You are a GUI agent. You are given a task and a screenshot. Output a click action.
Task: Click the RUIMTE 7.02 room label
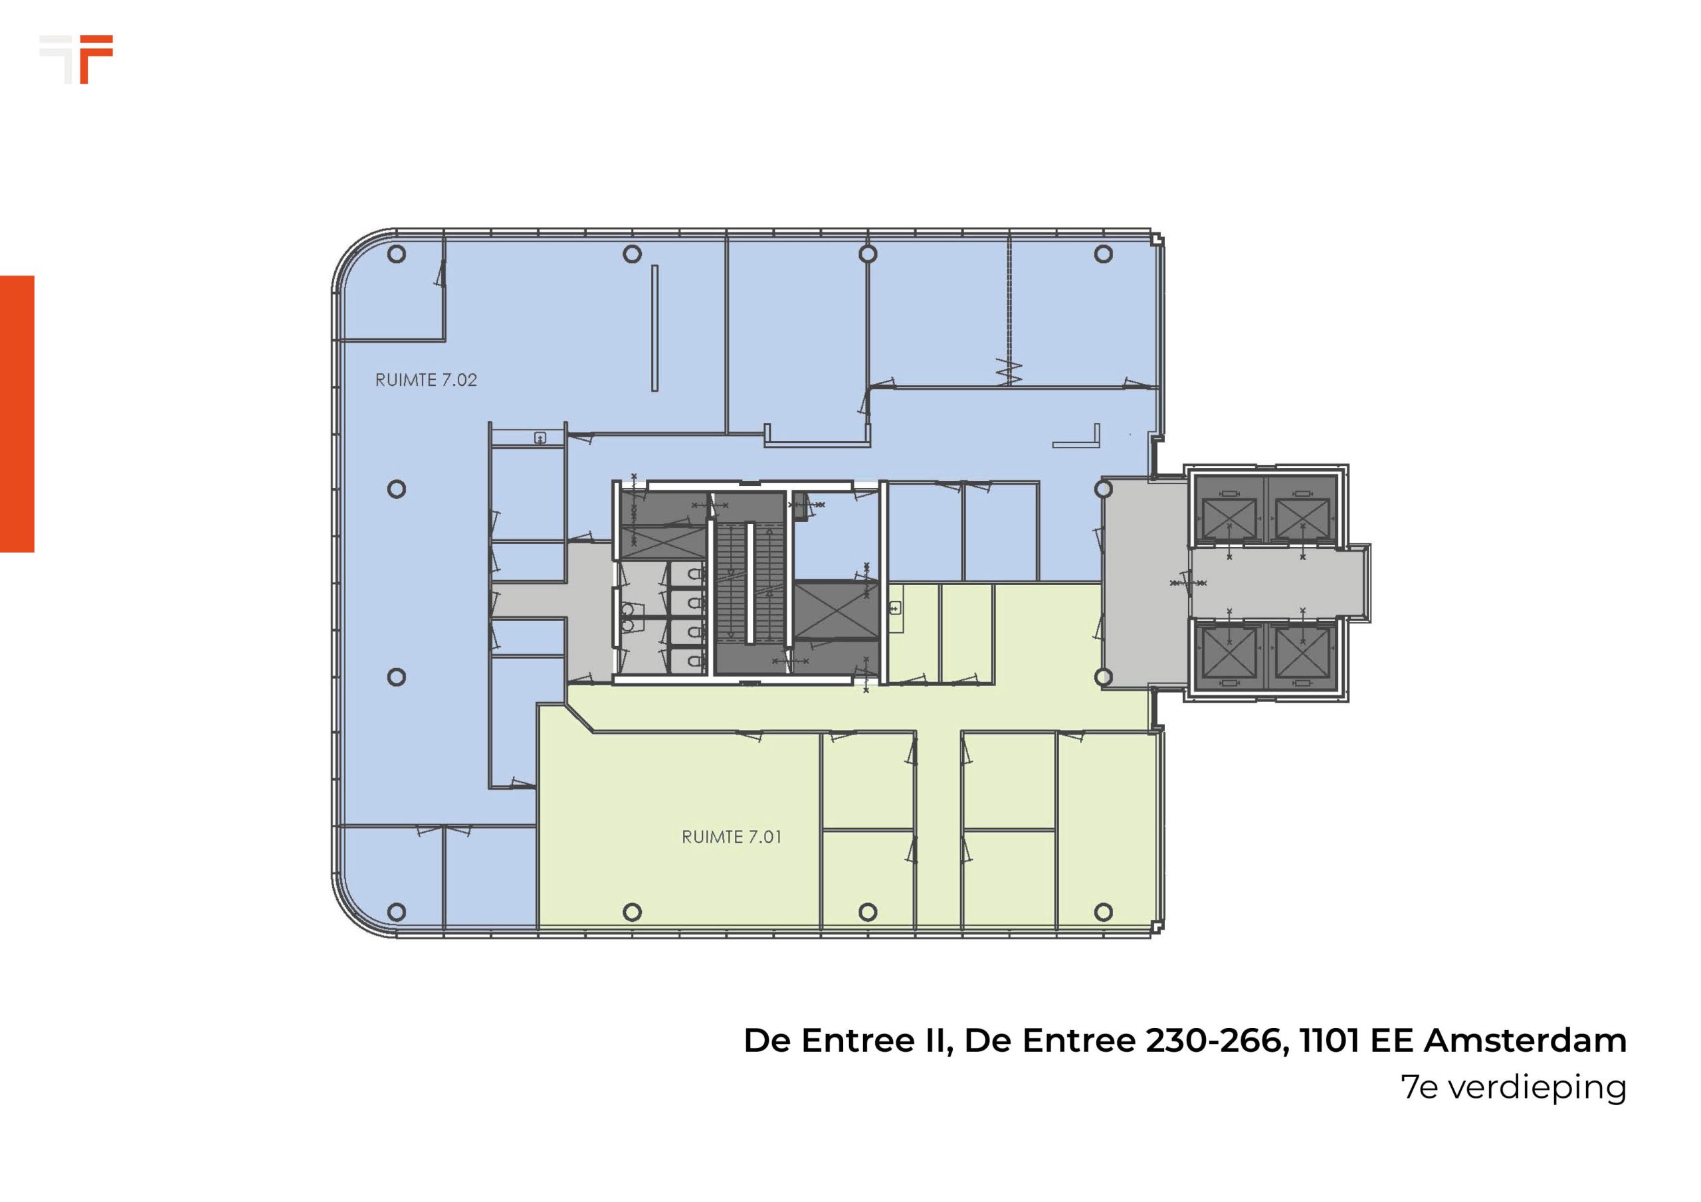[426, 380]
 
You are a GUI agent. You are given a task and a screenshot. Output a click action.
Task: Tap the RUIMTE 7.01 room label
[731, 837]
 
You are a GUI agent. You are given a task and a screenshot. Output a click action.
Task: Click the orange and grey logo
[76, 59]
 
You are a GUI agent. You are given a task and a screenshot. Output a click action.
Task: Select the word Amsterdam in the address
[1526, 1041]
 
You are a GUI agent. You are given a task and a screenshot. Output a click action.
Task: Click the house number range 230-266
[1213, 1041]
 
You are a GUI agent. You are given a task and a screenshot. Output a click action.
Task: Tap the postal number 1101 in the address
[1330, 1041]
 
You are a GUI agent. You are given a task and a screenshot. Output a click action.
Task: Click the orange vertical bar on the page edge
[17, 414]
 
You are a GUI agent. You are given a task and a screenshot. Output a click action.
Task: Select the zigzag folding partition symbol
[1008, 372]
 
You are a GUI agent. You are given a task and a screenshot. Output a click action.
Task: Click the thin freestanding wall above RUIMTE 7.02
[655, 328]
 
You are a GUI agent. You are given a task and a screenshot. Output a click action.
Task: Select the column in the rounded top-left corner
[397, 254]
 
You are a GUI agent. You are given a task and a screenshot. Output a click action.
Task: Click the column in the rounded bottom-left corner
[397, 912]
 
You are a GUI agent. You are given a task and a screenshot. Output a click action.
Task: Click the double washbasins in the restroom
[629, 617]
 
